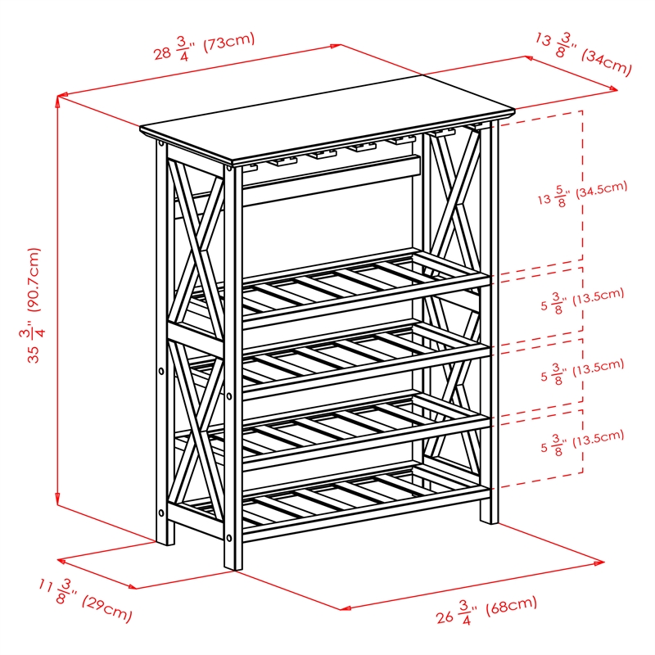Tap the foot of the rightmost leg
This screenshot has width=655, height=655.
pyautogui.click(x=489, y=517)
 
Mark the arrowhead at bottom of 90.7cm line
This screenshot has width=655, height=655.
pyautogui.click(x=58, y=500)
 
